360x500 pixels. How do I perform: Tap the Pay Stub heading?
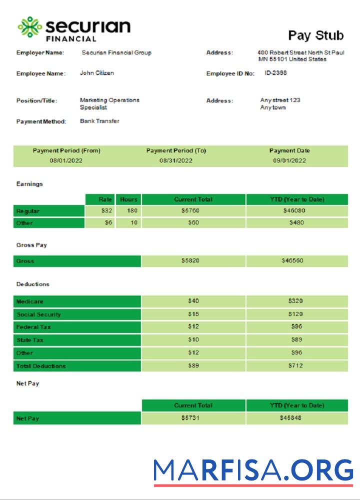click(316, 35)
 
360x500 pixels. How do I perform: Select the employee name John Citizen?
click(97, 73)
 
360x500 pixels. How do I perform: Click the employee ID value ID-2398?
click(275, 73)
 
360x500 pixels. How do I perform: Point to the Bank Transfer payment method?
click(99, 121)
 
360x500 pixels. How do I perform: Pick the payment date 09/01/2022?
click(289, 160)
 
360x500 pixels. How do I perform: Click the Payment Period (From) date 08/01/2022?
click(66, 160)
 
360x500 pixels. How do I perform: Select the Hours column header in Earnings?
click(128, 199)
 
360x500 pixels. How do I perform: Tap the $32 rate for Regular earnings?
click(106, 211)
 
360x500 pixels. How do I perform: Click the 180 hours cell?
click(132, 211)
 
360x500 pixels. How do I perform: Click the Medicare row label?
click(30, 301)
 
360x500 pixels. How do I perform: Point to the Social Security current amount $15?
click(193, 314)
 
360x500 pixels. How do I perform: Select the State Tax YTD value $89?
click(296, 340)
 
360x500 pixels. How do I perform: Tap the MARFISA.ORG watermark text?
click(253, 470)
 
